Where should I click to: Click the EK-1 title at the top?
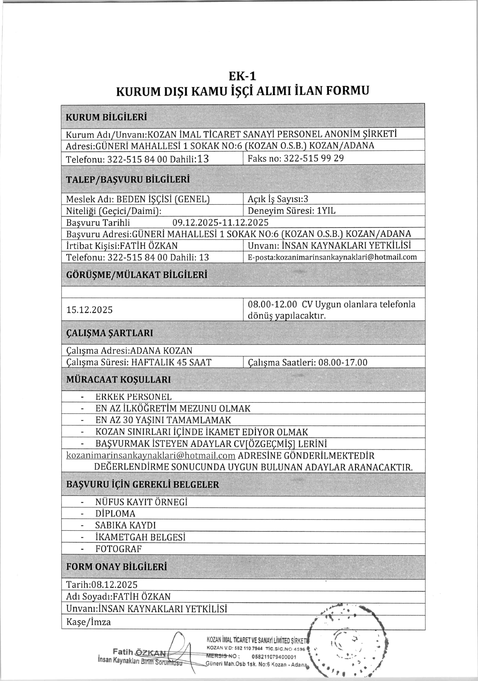[242, 76]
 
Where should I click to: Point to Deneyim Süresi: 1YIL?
[291, 211]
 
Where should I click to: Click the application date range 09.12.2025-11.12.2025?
[220, 222]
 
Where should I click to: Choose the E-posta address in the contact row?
[332, 257]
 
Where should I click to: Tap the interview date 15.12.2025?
[89, 310]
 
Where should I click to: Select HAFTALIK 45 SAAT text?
[171, 362]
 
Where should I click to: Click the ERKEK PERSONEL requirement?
[134, 397]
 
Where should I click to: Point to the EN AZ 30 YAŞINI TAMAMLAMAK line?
[163, 420]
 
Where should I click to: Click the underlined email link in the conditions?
[151, 455]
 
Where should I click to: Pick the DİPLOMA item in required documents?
[115, 514]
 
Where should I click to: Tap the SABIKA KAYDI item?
[125, 525]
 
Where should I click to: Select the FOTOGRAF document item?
[119, 549]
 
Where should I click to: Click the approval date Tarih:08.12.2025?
[102, 585]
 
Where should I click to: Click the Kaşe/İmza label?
[88, 622]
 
